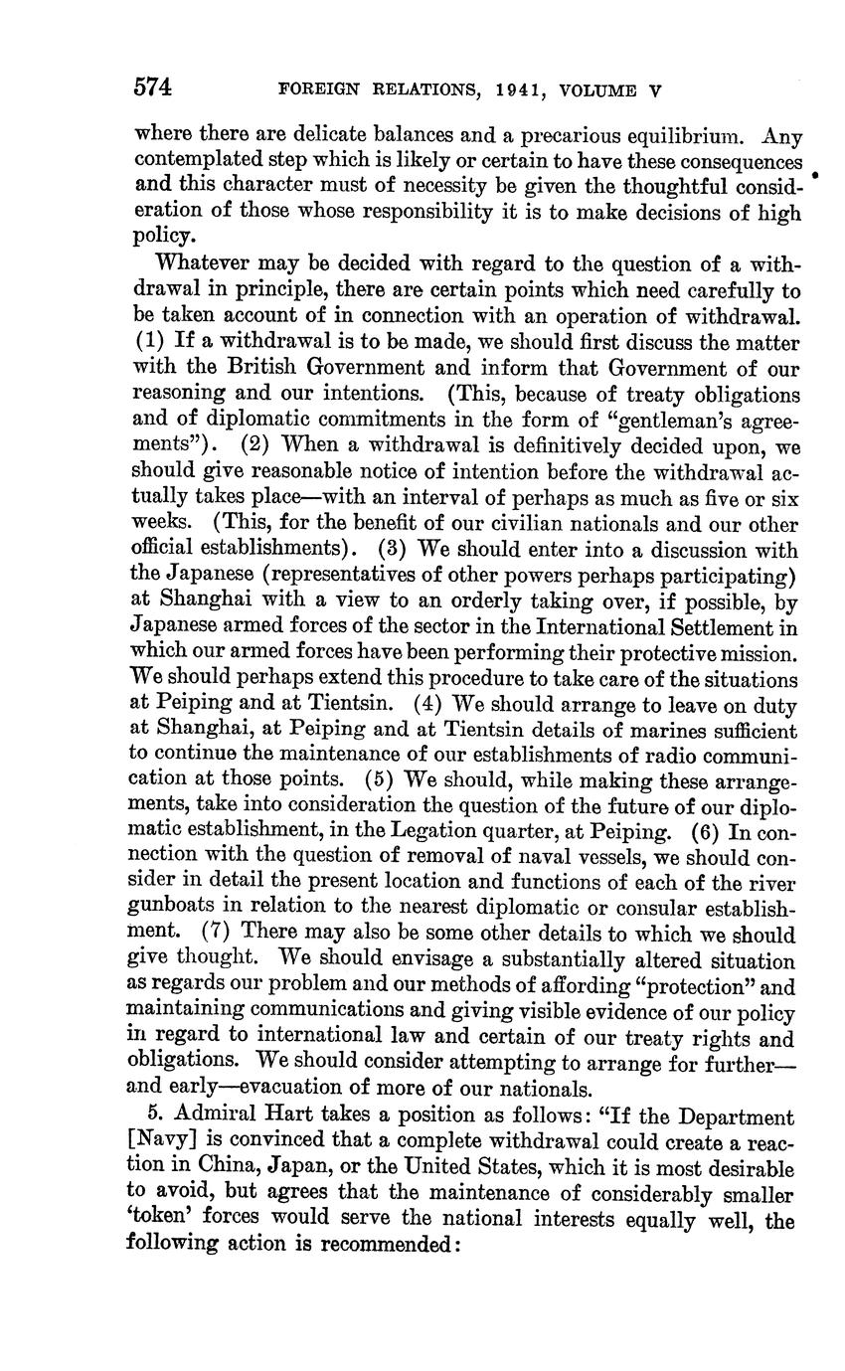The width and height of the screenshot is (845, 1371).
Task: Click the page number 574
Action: point(154,87)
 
